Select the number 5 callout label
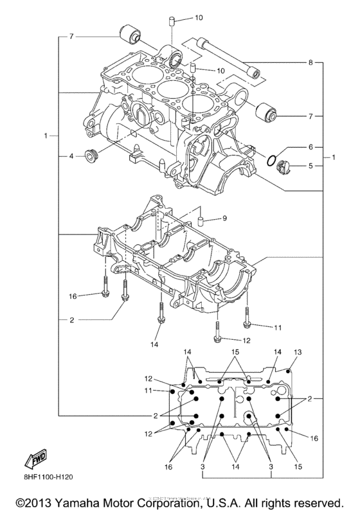point(310,165)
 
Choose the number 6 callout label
point(310,146)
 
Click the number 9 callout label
point(224,218)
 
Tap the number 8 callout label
point(310,63)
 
